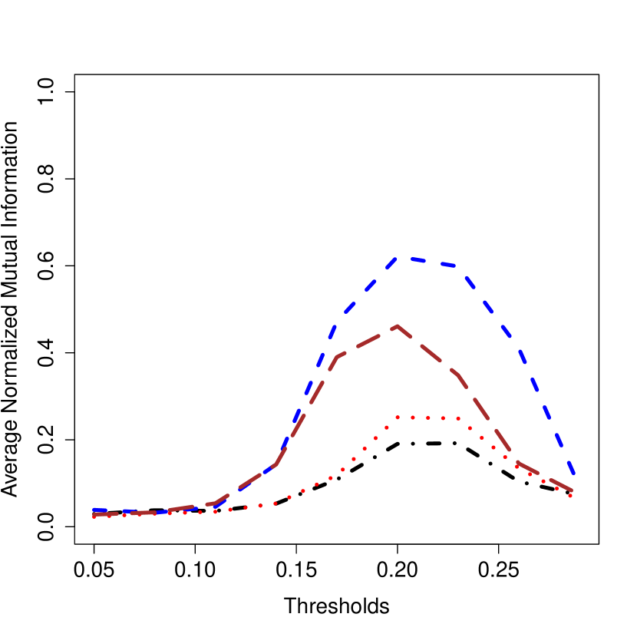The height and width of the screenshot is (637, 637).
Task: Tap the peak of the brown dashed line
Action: click(x=397, y=326)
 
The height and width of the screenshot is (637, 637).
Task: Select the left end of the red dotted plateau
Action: click(x=398, y=418)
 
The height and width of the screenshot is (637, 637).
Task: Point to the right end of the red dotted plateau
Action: click(x=458, y=418)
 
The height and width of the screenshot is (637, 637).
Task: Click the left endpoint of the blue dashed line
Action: click(x=94, y=510)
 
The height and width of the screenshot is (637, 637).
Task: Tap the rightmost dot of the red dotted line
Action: click(x=571, y=496)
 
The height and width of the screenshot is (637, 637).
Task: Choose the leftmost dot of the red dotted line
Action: click(x=94, y=517)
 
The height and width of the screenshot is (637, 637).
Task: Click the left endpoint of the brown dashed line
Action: click(x=94, y=515)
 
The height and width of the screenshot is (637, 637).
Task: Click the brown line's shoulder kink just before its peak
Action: click(x=338, y=356)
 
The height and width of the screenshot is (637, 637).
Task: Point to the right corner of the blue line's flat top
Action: click(x=458, y=266)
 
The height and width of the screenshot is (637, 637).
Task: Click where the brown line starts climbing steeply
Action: click(x=276, y=465)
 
